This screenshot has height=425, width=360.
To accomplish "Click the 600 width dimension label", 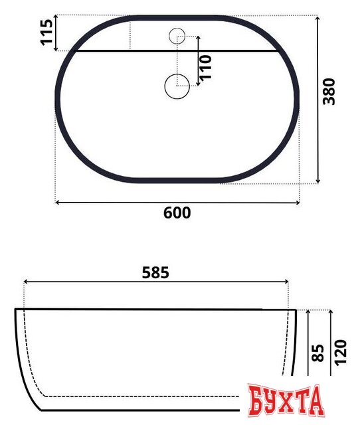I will pos(177,213).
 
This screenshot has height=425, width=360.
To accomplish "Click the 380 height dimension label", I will pos(329,92).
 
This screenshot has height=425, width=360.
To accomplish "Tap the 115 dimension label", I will pos(46,33).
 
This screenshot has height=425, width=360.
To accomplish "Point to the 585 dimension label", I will pos(156,272).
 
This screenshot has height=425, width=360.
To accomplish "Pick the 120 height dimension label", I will pos(341,353).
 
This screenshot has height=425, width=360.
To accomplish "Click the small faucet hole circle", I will pos(178,36).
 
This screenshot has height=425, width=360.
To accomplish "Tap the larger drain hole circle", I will pos(177,86).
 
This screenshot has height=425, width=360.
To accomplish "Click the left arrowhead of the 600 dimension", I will pos(57,201).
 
